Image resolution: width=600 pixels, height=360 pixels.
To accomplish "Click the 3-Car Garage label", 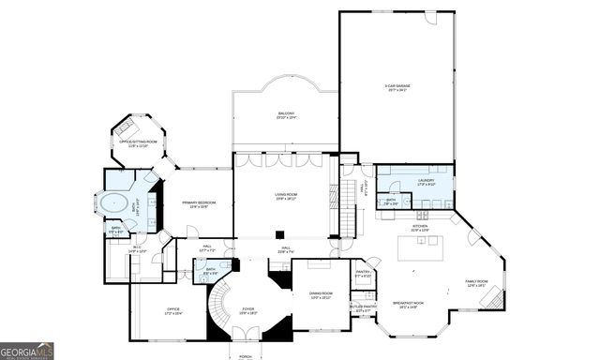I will point(395,89).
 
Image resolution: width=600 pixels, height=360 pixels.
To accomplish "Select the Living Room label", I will point(285,197).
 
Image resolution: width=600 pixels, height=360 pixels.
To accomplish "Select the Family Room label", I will point(477,282).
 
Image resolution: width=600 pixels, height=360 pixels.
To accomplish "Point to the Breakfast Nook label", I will point(412,305).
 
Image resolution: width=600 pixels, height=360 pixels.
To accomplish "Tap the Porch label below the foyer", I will point(245,357).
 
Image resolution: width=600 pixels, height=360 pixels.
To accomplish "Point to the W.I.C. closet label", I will point(137,250).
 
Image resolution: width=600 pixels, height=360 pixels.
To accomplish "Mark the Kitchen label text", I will point(419,226).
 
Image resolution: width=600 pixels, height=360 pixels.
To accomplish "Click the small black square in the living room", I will point(279,234).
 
